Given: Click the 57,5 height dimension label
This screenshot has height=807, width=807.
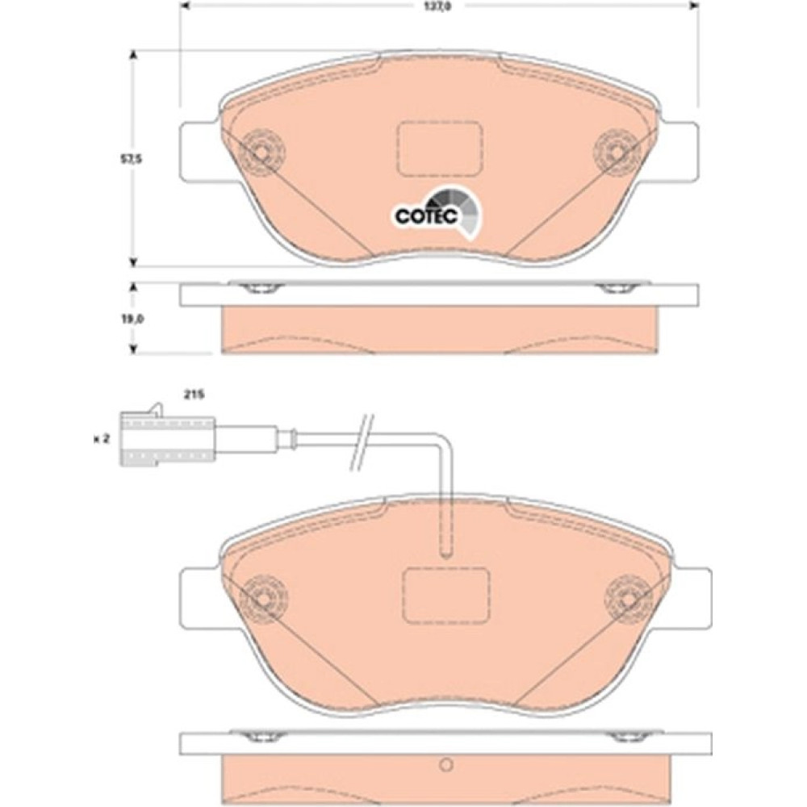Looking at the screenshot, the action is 131,159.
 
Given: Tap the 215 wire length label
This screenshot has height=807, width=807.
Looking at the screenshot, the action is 194,395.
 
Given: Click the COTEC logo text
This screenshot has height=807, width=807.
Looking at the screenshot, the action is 426,216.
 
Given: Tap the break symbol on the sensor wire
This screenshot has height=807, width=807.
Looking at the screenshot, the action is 362,442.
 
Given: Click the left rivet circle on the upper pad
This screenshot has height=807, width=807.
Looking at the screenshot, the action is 262,153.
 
